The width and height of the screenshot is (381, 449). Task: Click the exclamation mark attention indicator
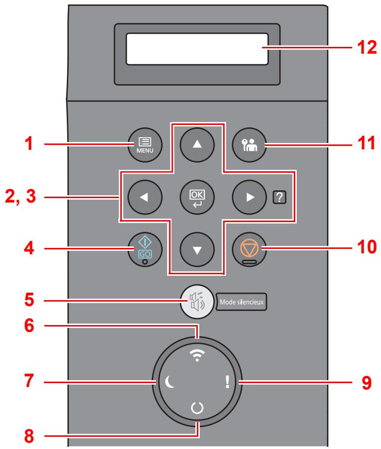[226, 383]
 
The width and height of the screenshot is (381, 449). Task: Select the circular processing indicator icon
[197, 420]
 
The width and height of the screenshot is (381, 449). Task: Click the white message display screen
[197, 49]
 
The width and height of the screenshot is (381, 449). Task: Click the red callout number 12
[365, 48]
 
